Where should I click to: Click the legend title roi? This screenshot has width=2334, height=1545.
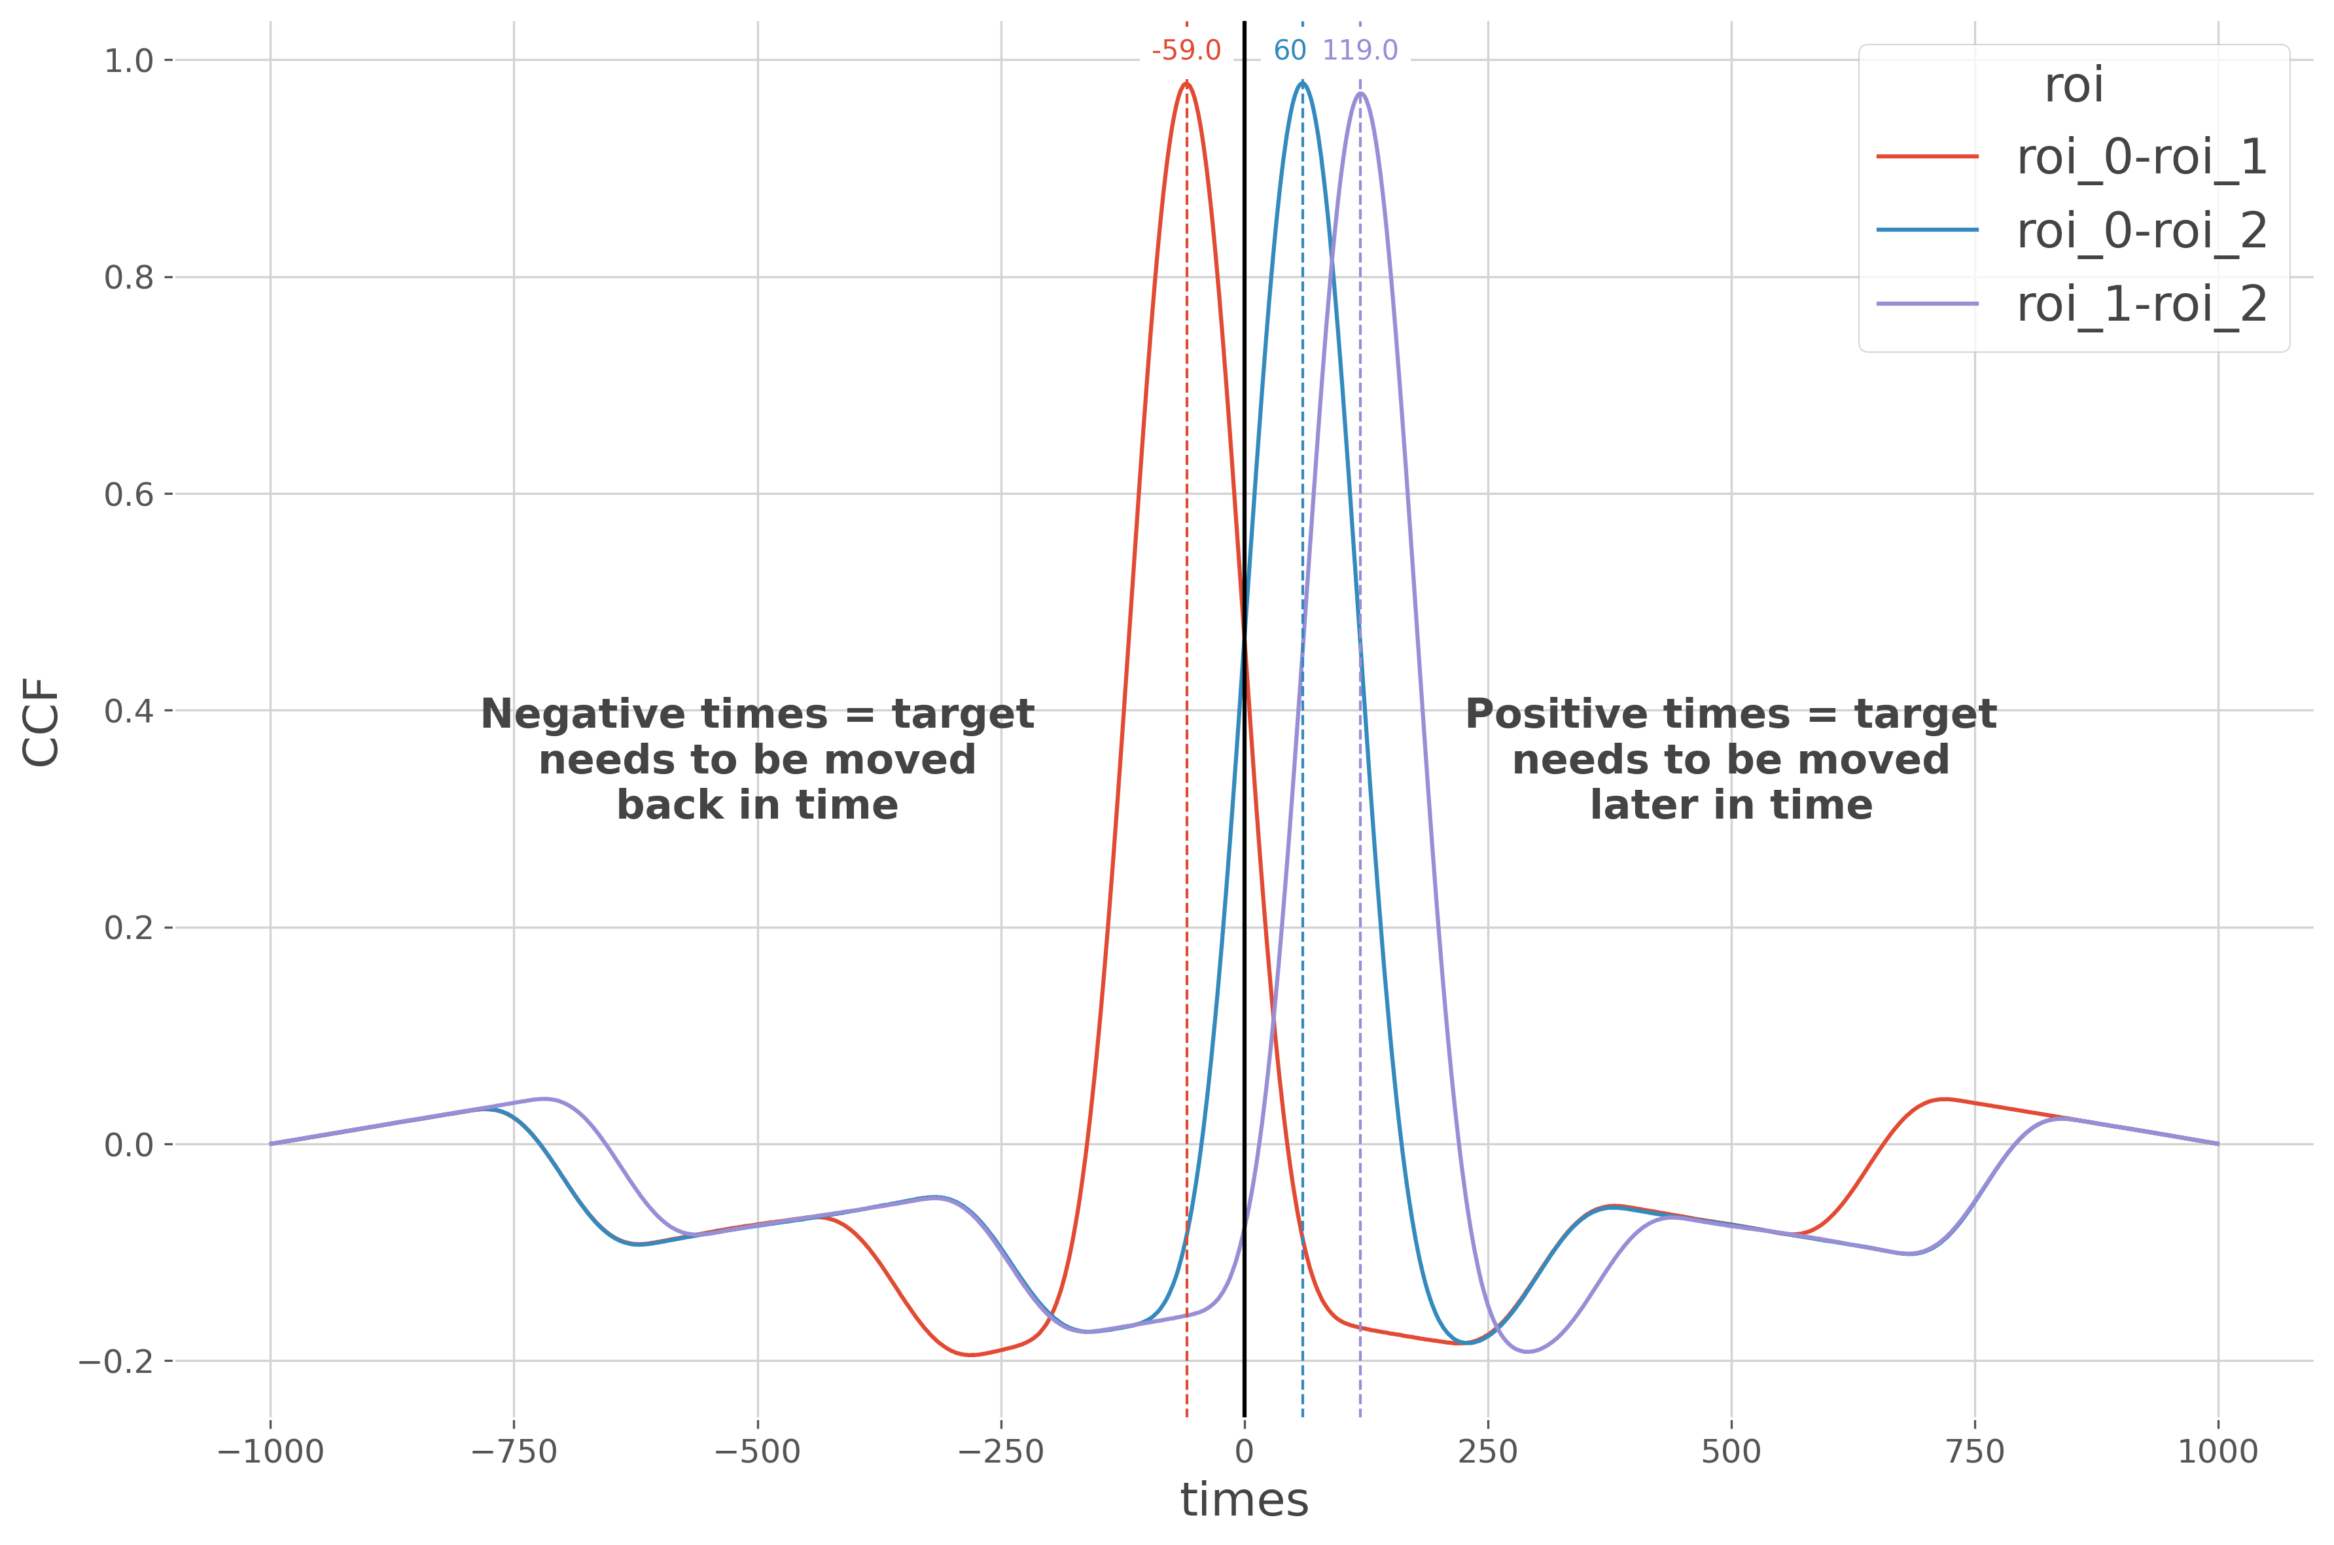tap(2073, 86)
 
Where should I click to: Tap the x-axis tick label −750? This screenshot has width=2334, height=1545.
tap(513, 1451)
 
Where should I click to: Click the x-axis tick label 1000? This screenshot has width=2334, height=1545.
tap(2218, 1451)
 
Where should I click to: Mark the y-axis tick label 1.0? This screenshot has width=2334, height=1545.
tap(129, 61)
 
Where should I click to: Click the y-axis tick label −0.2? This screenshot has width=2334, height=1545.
tap(116, 1362)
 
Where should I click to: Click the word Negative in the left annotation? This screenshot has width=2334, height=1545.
tap(571, 715)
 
